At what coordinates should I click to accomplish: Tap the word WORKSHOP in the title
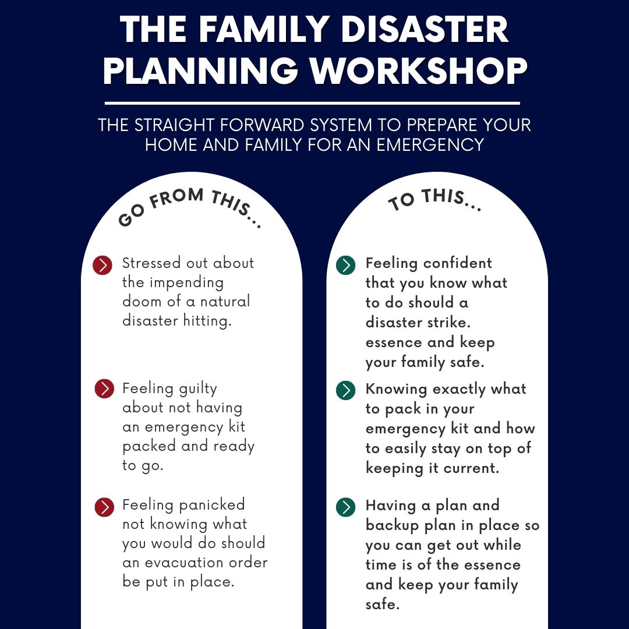[419, 70]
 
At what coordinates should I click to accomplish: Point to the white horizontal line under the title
[312, 103]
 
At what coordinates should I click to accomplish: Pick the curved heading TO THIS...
[434, 200]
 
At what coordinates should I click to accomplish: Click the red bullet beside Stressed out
[103, 265]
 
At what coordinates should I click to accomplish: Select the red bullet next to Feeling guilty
[104, 388]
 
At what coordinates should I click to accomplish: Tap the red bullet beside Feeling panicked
[104, 507]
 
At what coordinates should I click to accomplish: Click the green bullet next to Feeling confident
[345, 265]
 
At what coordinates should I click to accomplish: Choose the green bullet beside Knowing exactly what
[345, 390]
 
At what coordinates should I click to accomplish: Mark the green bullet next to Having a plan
[345, 507]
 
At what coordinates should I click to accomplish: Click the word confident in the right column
[458, 263]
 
